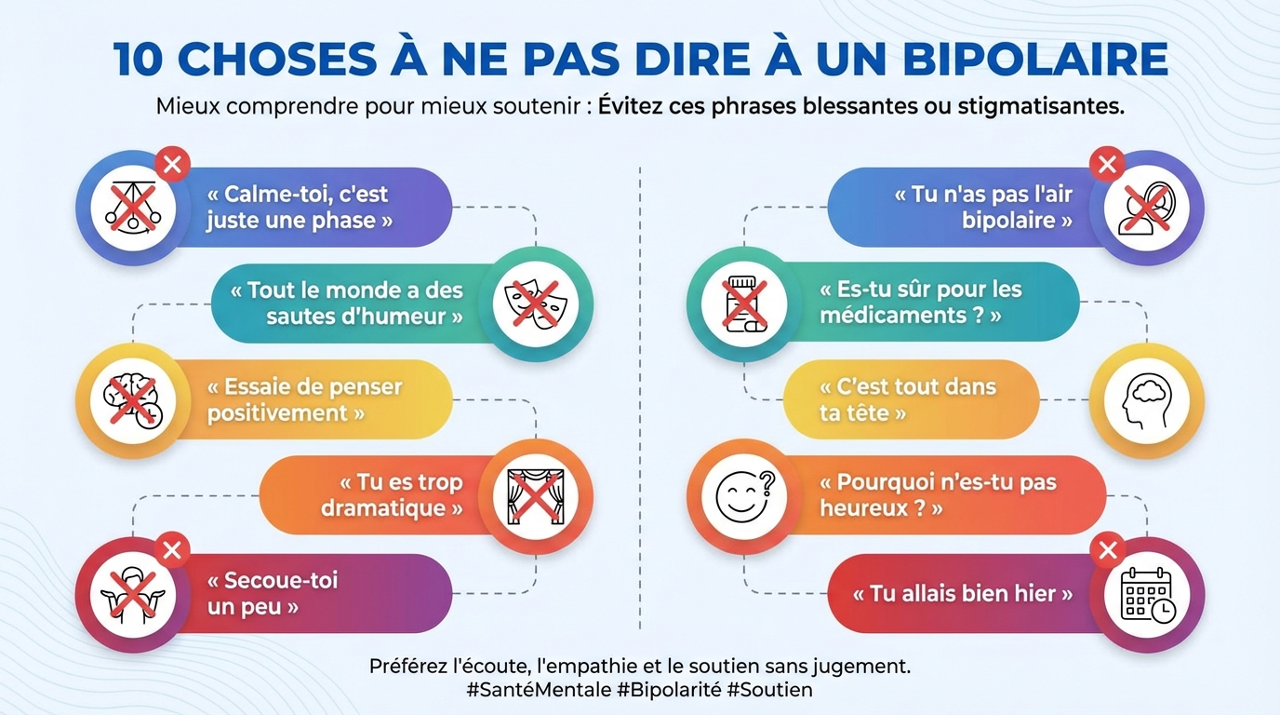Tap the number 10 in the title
point(140,59)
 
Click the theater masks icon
point(536,304)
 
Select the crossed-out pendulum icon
point(132,208)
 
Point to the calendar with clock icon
point(1147,595)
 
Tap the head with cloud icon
point(1146,401)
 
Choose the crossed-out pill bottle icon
point(744,304)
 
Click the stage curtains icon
point(536,496)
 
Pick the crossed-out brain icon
point(132,401)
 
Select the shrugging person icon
point(132,595)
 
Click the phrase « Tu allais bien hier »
point(962,594)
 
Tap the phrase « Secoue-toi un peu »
point(271,594)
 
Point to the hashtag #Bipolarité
point(668,690)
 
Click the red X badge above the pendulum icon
point(172,166)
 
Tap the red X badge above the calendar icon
point(1107,551)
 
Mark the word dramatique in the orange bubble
point(384,508)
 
